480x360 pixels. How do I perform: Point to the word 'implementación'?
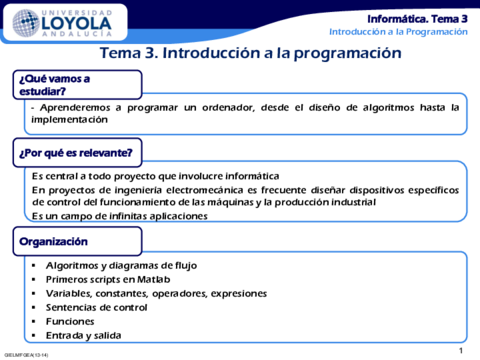(69, 119)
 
